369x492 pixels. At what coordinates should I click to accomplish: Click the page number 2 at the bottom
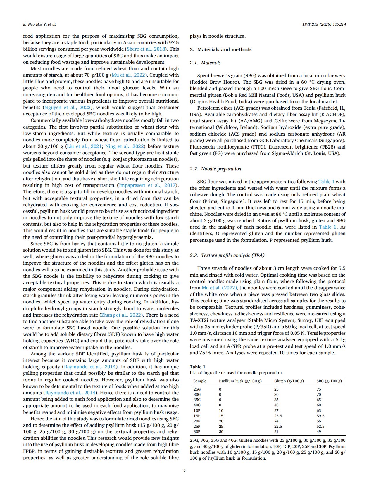tap(184, 471)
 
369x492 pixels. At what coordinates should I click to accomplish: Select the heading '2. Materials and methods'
tap(220, 49)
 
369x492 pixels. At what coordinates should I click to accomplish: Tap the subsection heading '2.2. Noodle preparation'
tap(215, 169)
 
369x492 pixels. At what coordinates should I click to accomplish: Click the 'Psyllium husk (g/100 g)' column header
tap(240, 381)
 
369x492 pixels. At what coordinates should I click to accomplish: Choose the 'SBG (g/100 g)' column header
tap(329, 381)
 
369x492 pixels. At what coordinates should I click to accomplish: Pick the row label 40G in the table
tap(197, 405)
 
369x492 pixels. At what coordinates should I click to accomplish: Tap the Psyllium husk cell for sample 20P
tap(221, 421)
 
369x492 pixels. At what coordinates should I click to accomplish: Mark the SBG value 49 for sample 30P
tap(319, 431)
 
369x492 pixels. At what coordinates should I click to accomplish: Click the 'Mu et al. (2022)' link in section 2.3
tap(219, 288)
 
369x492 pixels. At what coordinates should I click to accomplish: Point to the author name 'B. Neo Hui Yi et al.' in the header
tap(39, 24)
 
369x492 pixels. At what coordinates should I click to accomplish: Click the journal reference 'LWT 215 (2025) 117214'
tap(324, 24)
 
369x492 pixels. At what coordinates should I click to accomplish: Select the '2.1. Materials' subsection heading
tap(205, 63)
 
